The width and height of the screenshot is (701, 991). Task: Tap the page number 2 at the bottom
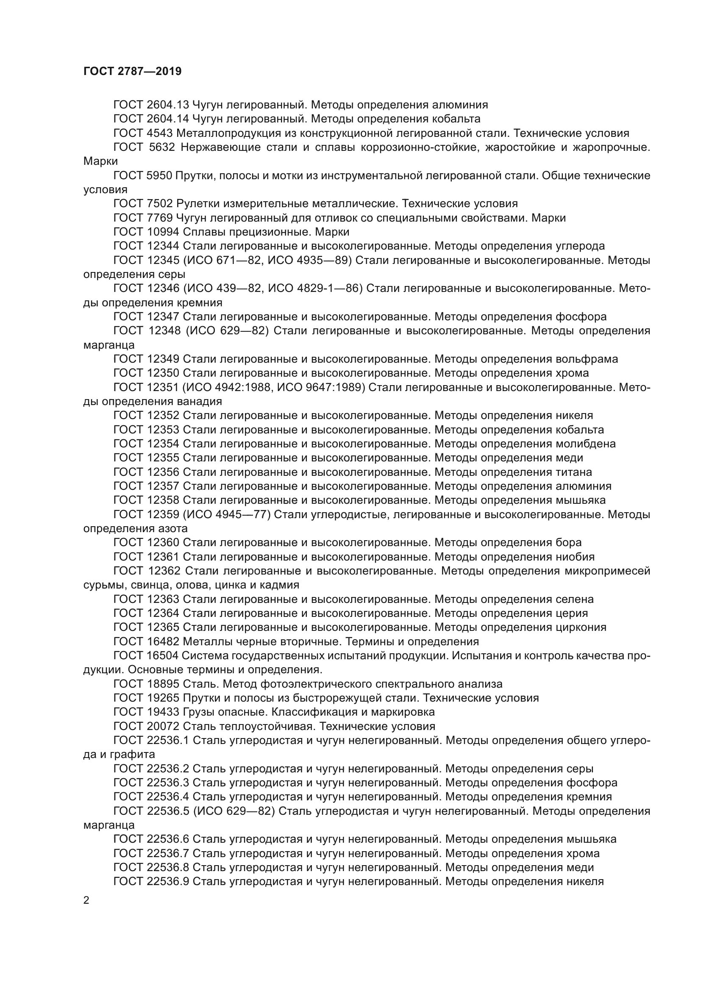pyautogui.click(x=86, y=900)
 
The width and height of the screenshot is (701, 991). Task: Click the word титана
pyautogui.click(x=574, y=472)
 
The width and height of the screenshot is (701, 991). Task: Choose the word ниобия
pyautogui.click(x=575, y=557)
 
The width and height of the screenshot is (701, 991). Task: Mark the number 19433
pyautogui.click(x=163, y=712)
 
